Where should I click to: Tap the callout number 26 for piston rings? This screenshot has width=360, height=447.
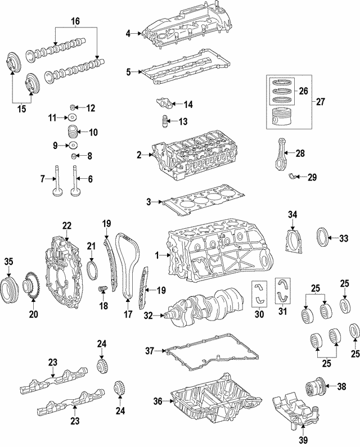303,91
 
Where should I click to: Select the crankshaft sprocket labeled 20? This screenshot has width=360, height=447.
33,287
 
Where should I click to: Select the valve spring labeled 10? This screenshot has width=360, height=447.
71,133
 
